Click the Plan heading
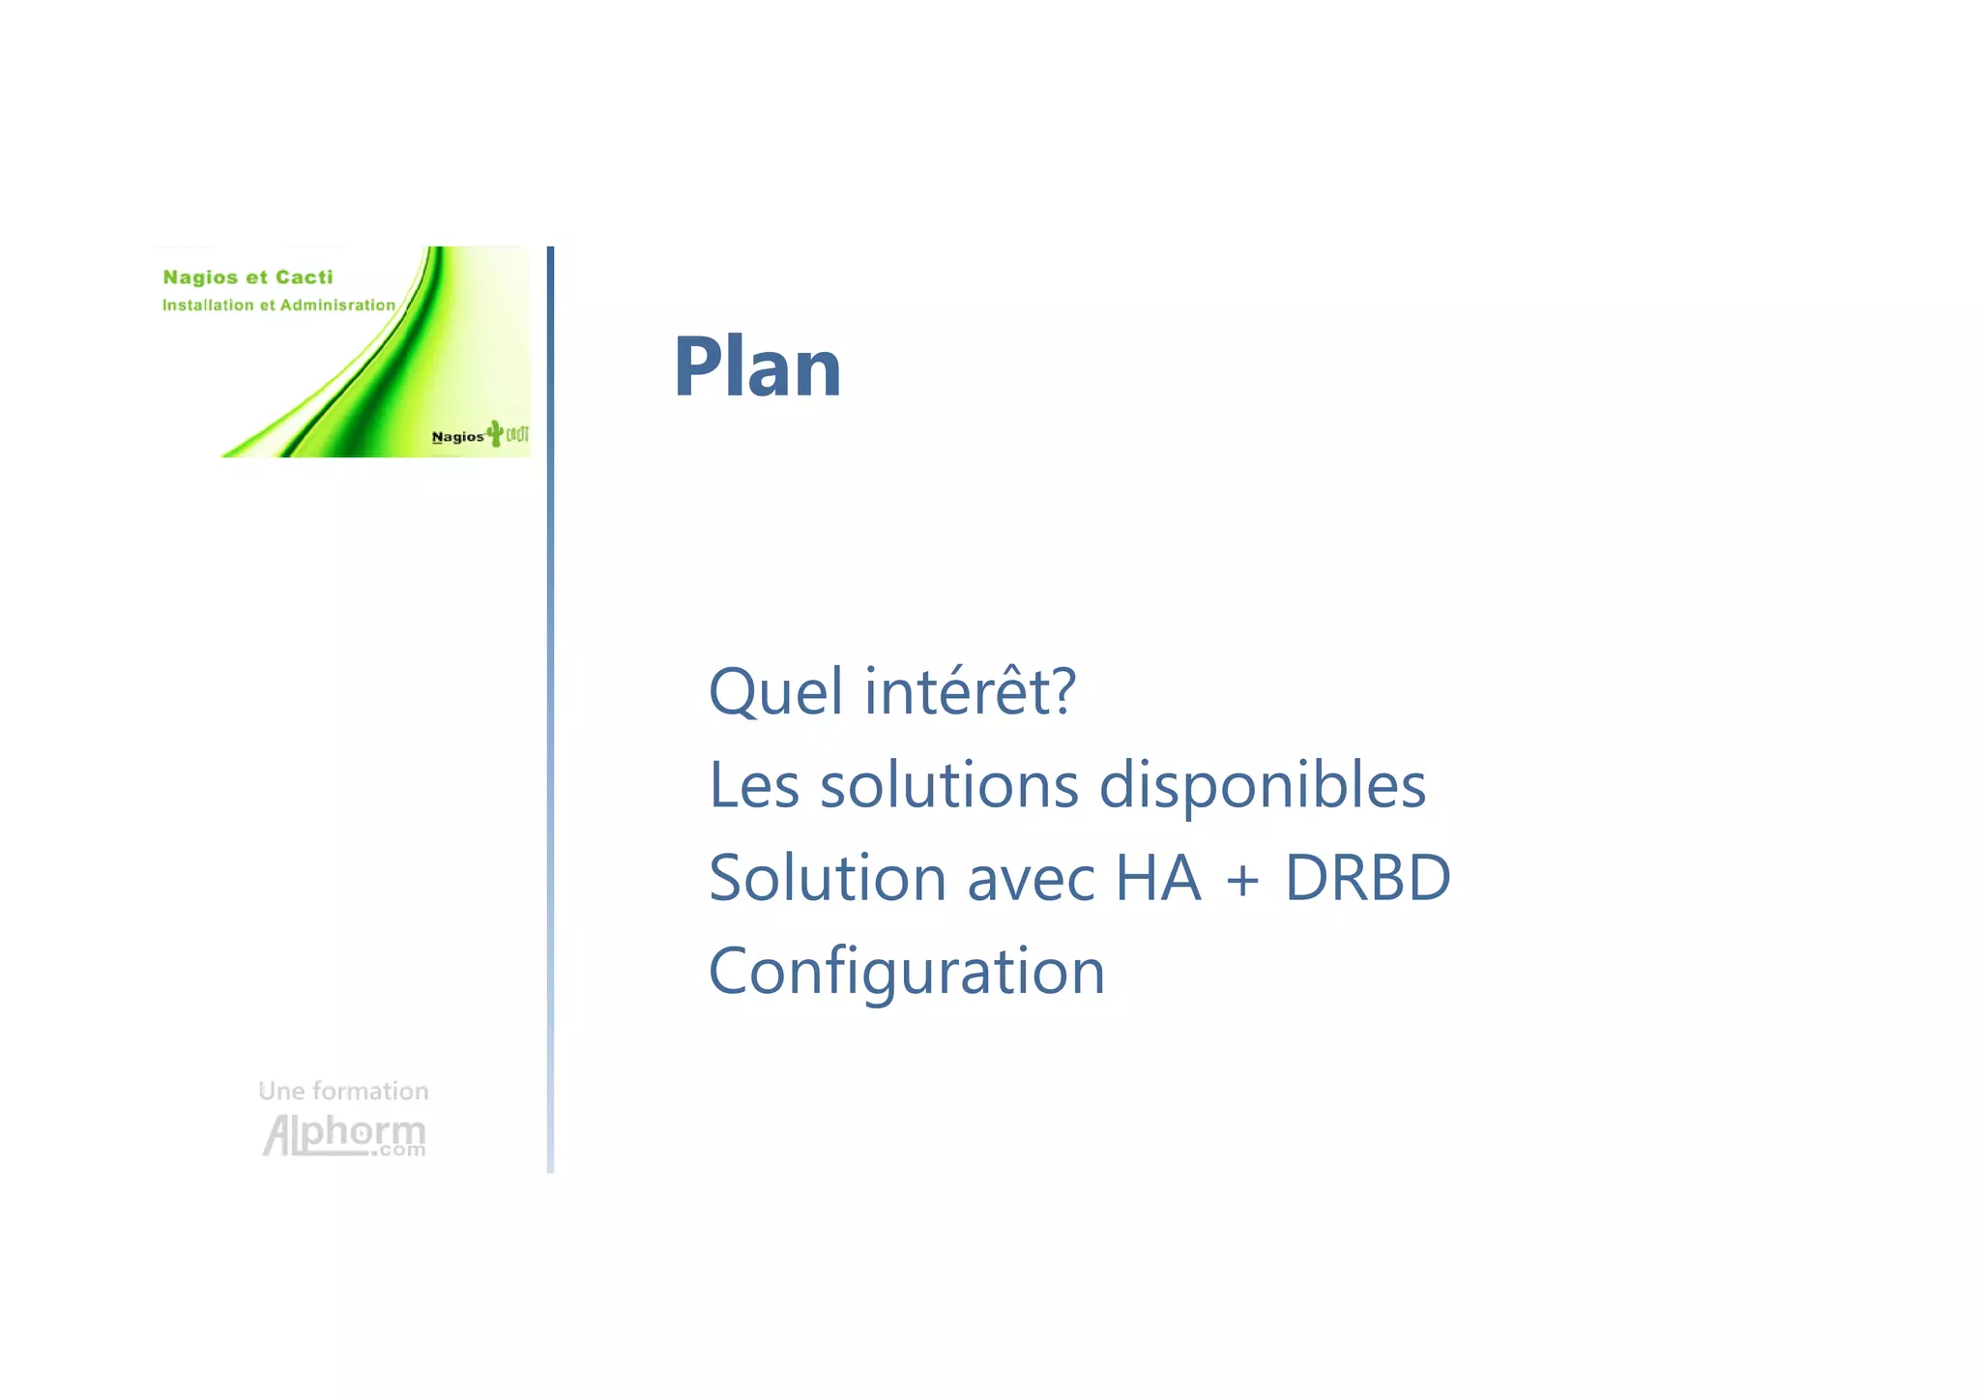pos(757,367)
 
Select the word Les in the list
pos(754,785)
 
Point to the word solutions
pos(948,785)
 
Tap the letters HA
pos(1158,878)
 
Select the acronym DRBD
pos(1367,878)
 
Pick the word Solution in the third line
pos(828,878)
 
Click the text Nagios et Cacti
pos(247,277)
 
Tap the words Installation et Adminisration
pos(278,306)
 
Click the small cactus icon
pos(496,432)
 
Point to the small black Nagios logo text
pos(457,437)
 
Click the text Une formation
pos(343,1092)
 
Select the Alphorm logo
pos(344,1135)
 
